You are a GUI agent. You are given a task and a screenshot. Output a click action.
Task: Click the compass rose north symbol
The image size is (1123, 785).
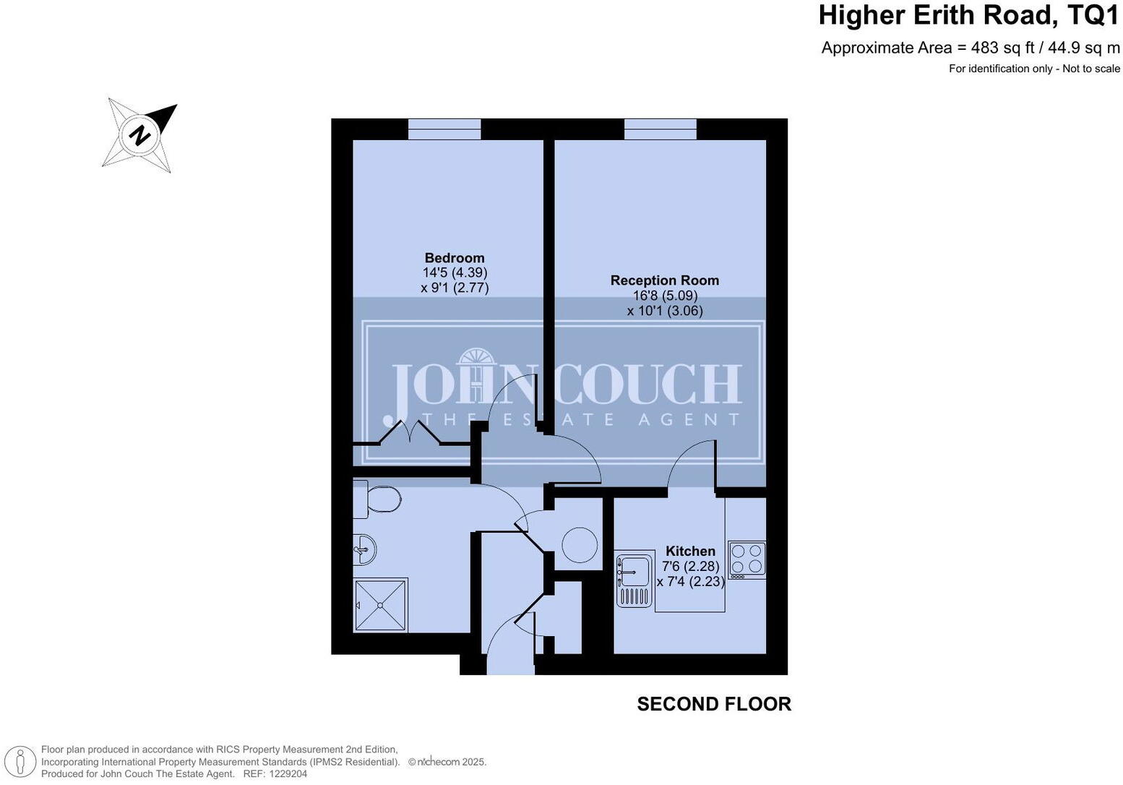pos(140,135)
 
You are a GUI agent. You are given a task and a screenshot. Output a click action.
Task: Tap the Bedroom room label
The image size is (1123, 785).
pos(455,258)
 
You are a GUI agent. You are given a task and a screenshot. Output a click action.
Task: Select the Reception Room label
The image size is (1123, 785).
pos(664,280)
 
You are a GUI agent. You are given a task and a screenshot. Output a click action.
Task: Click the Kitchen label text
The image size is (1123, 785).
pos(690,551)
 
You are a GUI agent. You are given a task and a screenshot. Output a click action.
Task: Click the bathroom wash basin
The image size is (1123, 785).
pos(364,550)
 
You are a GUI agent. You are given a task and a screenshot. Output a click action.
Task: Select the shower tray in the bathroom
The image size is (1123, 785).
pos(381,605)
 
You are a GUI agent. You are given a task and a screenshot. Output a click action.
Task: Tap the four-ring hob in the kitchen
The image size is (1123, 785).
pos(746,559)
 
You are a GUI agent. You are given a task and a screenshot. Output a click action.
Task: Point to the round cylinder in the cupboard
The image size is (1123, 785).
pos(580,545)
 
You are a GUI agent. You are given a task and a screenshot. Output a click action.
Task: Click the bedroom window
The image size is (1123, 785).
pos(444,129)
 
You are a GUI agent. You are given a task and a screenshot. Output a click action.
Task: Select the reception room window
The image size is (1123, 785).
pos(661,129)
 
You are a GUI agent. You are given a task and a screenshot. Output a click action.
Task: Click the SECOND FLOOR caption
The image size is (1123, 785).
pos(714,704)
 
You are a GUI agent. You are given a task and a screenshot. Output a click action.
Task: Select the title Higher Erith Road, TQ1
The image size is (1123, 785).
pos(968,15)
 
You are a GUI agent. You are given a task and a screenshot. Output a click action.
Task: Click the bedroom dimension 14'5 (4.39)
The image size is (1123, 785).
pos(455,273)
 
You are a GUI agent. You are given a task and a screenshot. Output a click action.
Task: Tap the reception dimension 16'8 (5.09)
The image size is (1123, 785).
pos(664,296)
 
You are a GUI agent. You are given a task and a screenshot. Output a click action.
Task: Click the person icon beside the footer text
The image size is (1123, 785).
pos(21,762)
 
